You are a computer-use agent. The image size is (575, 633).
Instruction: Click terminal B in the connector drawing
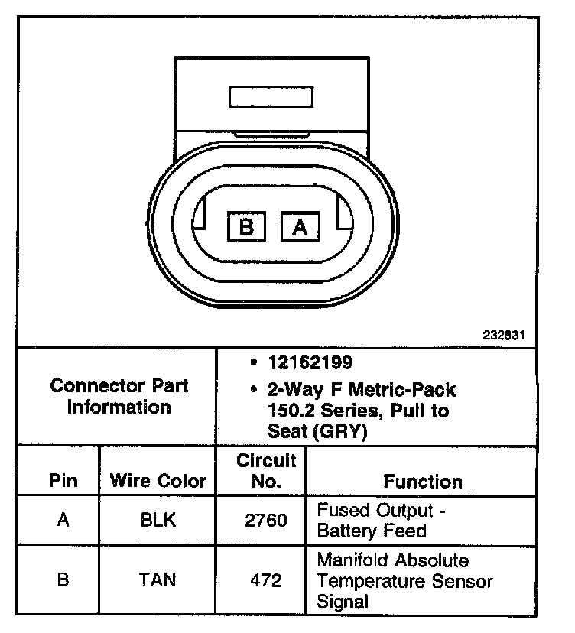246,227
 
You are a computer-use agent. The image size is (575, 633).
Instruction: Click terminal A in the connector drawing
300,227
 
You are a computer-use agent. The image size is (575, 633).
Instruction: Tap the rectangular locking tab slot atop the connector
271,97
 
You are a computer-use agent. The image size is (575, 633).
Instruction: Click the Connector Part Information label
119,396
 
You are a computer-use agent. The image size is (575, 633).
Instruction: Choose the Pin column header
63,481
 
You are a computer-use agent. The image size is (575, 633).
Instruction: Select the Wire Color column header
158,481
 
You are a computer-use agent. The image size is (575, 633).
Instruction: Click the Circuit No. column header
266,471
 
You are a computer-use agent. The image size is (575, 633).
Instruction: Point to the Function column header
423,481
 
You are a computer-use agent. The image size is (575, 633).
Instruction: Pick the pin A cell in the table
63,521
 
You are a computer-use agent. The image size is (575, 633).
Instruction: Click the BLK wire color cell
158,521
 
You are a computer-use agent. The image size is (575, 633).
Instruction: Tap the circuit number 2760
266,521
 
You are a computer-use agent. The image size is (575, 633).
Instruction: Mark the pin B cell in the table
63,580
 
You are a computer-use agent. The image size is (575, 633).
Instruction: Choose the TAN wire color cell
158,580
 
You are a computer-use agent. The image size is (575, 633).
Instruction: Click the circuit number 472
266,580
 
